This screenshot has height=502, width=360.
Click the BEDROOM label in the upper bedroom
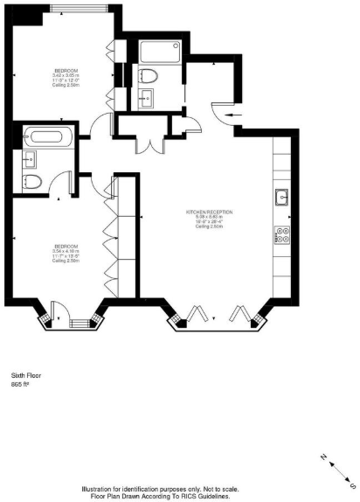pyautogui.click(x=65, y=70)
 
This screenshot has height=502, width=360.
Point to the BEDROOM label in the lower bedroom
pyautogui.click(x=66, y=246)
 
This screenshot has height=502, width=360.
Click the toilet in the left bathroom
pyautogui.click(x=32, y=181)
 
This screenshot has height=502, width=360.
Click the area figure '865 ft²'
pyautogui.click(x=21, y=384)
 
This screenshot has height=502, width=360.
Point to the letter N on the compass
pyautogui.click(x=322, y=456)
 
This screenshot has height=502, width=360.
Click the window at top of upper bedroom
pyautogui.click(x=79, y=8)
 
